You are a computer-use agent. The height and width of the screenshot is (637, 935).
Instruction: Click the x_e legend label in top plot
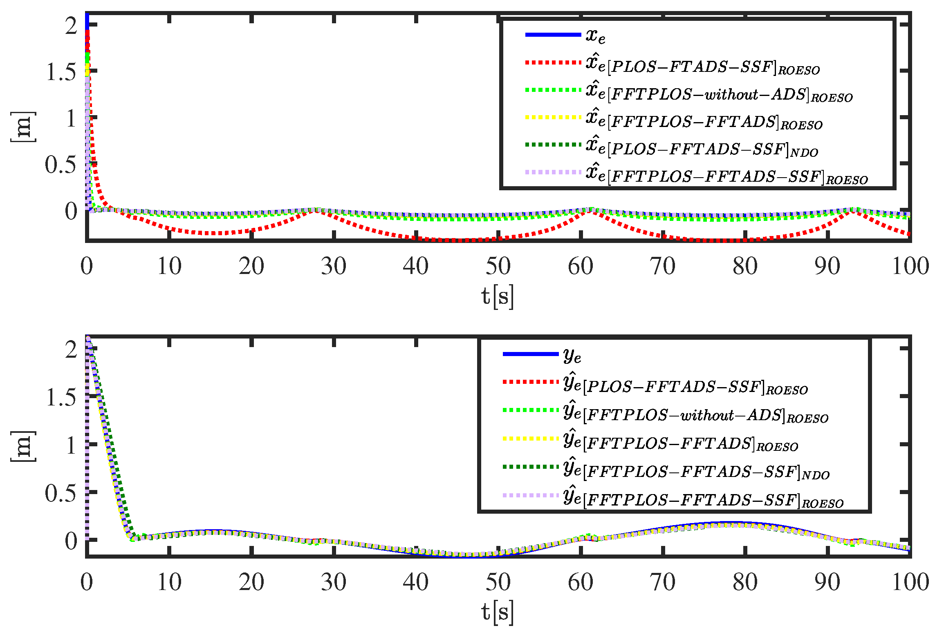[x=595, y=36]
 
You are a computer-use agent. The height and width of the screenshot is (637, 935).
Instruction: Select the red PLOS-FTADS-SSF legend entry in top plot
[x=702, y=65]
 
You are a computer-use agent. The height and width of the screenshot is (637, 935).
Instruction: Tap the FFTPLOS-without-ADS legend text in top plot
[x=719, y=93]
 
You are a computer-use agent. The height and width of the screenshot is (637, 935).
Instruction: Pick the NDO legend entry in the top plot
[x=702, y=148]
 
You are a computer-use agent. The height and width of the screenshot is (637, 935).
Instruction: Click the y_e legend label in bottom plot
[x=572, y=355]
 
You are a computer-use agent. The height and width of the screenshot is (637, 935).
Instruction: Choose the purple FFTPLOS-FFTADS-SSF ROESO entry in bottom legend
[x=702, y=499]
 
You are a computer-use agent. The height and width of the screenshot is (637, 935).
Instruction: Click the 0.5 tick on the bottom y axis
[x=61, y=493]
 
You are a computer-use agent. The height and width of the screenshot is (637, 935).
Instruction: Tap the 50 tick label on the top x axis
[x=498, y=266]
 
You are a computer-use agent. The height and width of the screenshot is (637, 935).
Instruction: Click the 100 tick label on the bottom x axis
[x=910, y=582]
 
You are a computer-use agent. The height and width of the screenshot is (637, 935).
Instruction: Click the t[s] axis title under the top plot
[x=498, y=296]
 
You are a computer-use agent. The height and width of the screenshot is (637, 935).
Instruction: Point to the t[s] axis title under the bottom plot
[x=498, y=612]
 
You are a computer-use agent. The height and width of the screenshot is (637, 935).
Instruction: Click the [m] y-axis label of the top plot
[x=22, y=127]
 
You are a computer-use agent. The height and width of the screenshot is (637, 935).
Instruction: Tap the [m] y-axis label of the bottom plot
[x=22, y=446]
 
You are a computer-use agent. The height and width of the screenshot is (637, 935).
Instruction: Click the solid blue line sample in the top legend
[x=553, y=35]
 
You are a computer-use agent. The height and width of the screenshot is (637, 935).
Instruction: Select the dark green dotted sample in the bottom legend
[x=530, y=466]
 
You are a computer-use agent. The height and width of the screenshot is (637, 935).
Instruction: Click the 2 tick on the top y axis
[x=71, y=26]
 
